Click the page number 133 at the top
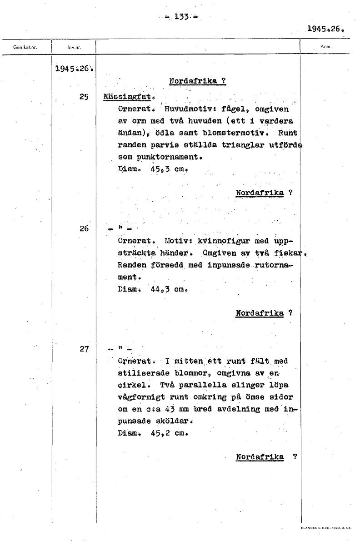pos(181,17)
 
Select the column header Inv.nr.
pos(74,47)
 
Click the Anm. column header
pos(326,46)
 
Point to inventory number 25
pos(84,97)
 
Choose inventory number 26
pos(84,228)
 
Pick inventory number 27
pos(84,349)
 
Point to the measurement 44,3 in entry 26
pos(160,288)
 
